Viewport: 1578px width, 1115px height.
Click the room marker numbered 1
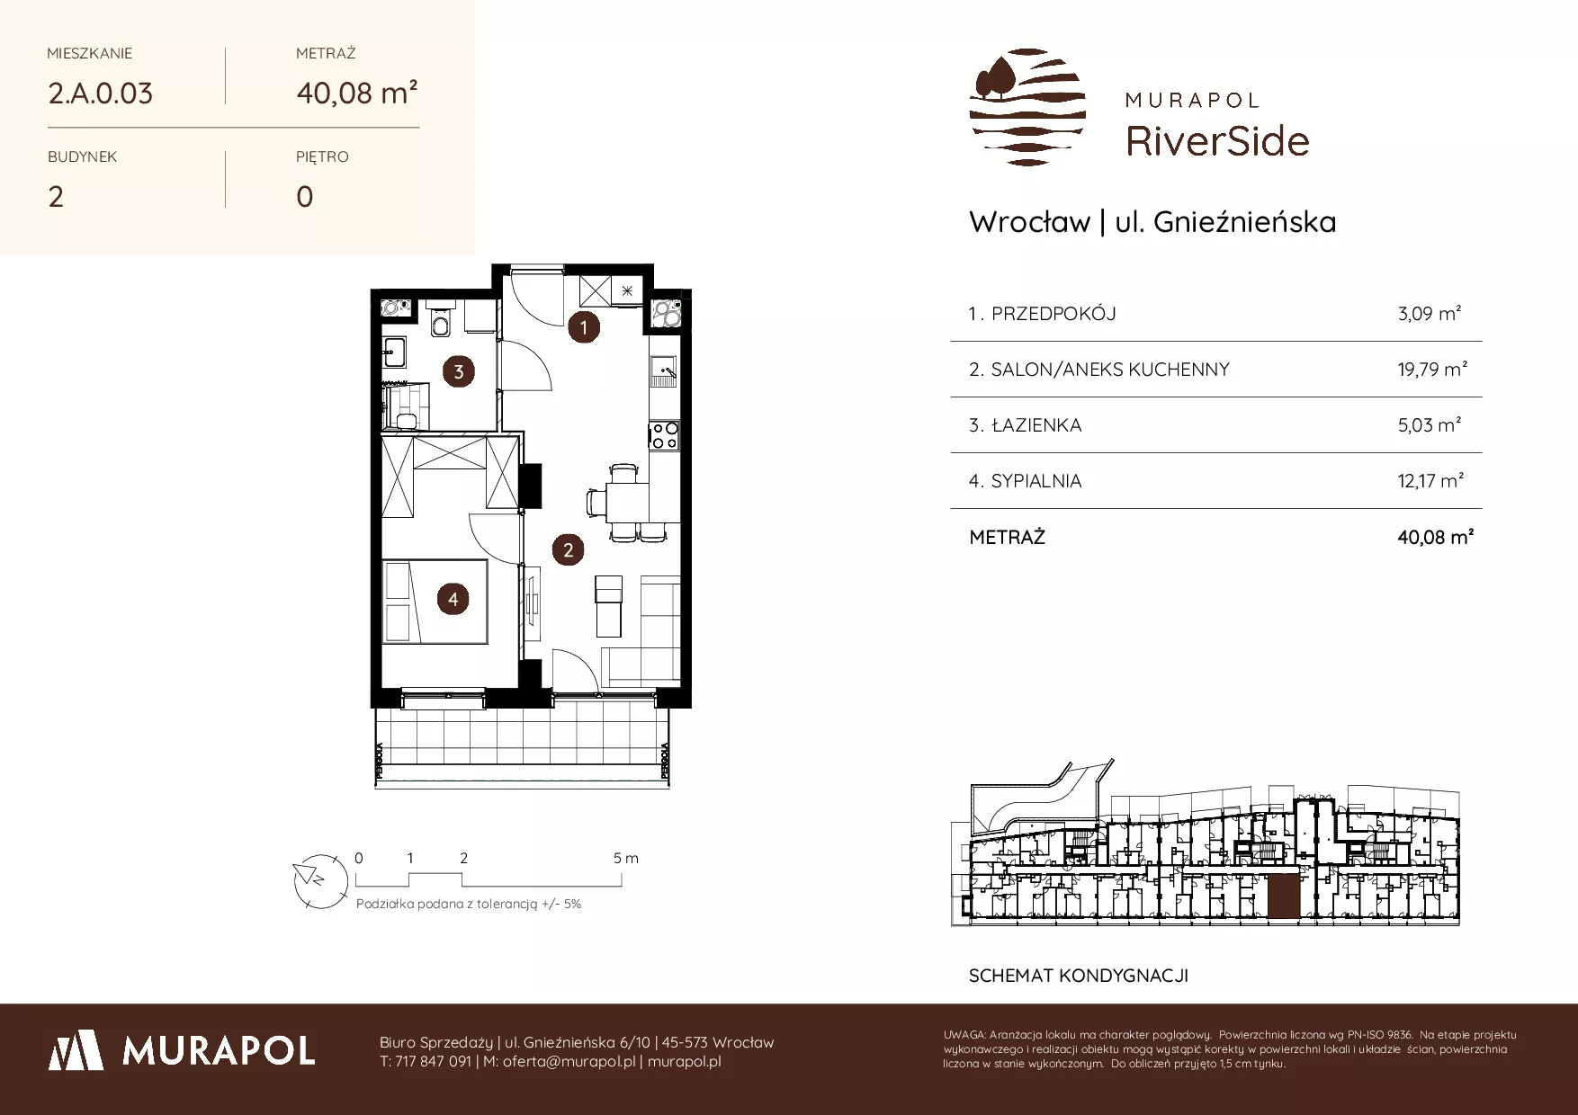(583, 327)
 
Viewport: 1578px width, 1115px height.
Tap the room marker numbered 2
(568, 549)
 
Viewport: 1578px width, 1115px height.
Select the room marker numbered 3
(459, 371)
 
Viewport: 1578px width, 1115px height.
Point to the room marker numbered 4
(453, 599)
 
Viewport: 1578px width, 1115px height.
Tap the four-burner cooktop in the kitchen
(665, 435)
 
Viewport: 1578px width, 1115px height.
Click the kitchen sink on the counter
(665, 370)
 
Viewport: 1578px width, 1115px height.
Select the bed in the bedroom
(435, 602)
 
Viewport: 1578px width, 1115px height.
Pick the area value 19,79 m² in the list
(1432, 369)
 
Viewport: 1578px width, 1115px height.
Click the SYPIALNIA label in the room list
(1036, 481)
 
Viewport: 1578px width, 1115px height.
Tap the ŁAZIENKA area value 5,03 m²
(1429, 424)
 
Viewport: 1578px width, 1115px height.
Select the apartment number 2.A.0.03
(101, 94)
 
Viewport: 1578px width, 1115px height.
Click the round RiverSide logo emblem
(1027, 107)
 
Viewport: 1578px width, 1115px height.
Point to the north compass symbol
(320, 879)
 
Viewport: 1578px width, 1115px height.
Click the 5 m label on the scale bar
(626, 858)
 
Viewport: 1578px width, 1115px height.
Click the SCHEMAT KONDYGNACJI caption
(1079, 976)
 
